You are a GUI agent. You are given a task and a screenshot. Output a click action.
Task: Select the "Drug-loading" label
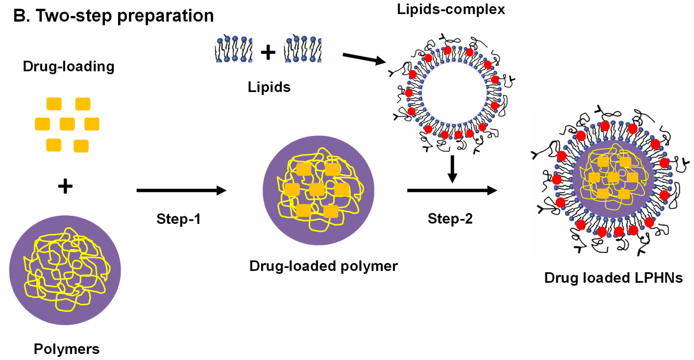[x=69, y=66]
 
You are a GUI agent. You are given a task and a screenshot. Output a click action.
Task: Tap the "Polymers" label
[x=67, y=349]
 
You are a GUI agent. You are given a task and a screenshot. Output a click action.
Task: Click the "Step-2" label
[x=450, y=218]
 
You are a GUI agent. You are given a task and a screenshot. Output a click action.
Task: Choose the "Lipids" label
[x=269, y=87]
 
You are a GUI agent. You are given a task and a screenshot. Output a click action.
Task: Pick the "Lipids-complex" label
[x=451, y=9]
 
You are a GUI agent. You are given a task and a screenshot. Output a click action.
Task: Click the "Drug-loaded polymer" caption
[x=323, y=266]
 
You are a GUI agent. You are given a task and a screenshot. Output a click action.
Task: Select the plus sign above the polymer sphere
[x=65, y=186]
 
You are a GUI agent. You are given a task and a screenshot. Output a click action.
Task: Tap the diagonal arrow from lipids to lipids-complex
[x=364, y=59]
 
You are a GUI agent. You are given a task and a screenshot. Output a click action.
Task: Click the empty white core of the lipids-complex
[x=454, y=93]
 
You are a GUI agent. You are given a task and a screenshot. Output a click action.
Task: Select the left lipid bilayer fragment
[x=234, y=49]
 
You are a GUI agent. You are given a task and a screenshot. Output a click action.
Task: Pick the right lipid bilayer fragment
[x=303, y=49]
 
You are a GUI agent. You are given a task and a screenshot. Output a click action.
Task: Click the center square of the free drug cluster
[x=67, y=124]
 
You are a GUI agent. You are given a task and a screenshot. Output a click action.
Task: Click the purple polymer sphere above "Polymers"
[x=65, y=270]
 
